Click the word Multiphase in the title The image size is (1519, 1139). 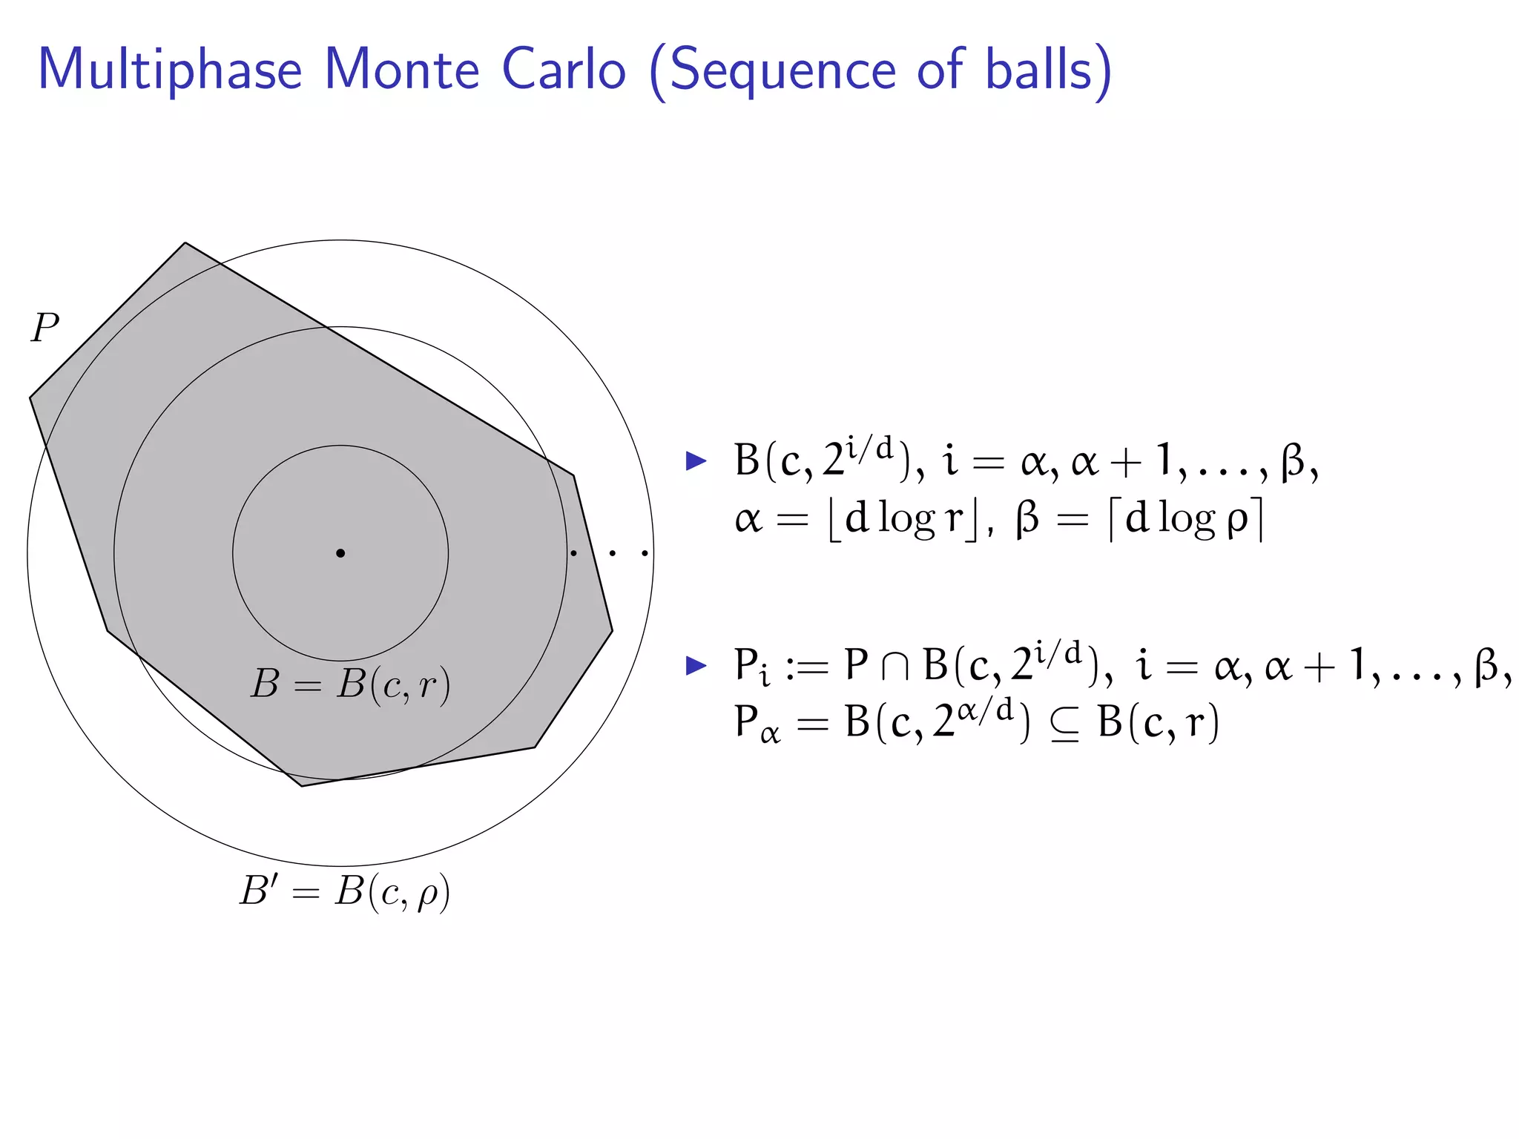(170, 70)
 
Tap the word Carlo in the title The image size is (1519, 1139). (564, 70)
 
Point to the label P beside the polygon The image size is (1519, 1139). (45, 327)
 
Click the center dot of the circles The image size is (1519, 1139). (340, 553)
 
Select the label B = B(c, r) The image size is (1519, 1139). (350, 684)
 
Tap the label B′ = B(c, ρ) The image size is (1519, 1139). (345, 892)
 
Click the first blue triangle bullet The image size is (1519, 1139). (696, 461)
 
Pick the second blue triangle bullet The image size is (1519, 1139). (696, 665)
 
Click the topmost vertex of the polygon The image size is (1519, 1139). (185, 242)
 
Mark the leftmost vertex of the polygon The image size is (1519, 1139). (30, 398)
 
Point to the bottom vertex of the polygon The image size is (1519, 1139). (302, 786)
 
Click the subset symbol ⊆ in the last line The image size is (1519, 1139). (1064, 724)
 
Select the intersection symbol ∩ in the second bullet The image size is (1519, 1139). (895, 666)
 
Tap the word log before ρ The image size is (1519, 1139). (1186, 519)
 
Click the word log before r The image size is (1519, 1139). (906, 519)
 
